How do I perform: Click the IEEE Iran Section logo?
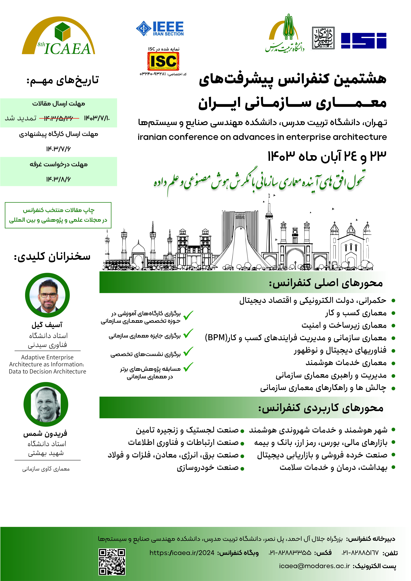(160, 28)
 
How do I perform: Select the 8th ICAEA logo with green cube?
(59, 37)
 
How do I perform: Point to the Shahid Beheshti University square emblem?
(323, 38)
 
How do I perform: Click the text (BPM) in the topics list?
(215, 338)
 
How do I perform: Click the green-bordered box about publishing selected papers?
(58, 215)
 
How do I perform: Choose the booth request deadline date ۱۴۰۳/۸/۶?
(58, 179)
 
